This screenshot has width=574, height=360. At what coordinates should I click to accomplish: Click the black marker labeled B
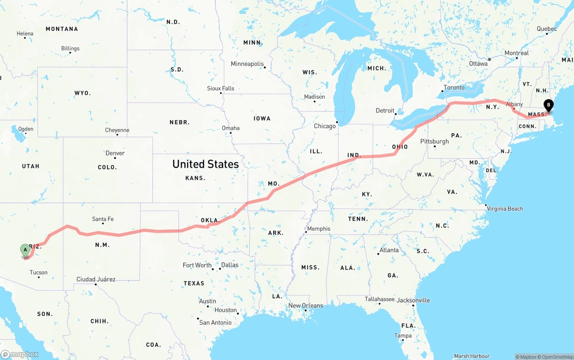point(548,105)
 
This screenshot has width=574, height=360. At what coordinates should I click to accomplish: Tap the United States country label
point(205,164)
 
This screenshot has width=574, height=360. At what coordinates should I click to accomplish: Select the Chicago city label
point(325,126)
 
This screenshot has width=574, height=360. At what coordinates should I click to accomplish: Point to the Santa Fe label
point(103,219)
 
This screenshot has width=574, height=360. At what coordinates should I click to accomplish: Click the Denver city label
point(115,153)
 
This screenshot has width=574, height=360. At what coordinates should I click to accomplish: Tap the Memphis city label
point(319,229)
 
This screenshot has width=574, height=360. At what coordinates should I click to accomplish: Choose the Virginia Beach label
point(504,208)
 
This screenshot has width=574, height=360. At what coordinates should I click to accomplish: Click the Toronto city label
point(454,87)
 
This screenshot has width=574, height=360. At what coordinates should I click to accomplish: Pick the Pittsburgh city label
point(435,141)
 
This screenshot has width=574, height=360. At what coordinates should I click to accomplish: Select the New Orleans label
point(305,306)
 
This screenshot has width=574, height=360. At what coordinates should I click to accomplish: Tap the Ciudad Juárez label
point(96,279)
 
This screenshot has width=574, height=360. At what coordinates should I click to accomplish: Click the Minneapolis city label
point(247,64)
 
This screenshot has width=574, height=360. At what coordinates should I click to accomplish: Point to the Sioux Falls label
point(221,88)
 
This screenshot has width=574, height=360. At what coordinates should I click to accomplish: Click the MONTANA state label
point(62,29)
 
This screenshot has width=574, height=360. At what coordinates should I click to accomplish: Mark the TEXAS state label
point(194,283)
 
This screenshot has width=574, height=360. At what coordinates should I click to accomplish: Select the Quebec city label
point(547,29)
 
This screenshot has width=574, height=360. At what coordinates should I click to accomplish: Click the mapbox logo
point(20,354)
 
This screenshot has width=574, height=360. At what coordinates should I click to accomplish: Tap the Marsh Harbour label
point(471,356)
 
